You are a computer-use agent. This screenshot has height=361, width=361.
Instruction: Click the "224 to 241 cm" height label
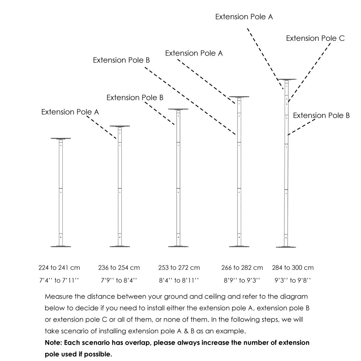coord(59,268)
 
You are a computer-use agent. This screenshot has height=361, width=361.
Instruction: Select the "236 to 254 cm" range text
coord(119,268)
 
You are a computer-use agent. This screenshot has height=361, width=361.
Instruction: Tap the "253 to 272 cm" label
coord(179,268)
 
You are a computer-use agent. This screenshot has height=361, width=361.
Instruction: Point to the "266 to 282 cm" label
coord(242,268)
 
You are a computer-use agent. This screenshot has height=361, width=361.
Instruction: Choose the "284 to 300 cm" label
coord(293,268)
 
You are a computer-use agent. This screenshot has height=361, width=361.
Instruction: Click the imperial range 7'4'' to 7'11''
coord(59,280)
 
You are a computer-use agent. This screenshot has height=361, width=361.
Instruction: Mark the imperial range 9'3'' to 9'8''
coord(293,280)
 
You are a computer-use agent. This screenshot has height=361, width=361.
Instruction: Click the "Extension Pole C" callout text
coord(315,38)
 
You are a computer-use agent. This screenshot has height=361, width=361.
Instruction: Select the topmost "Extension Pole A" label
coord(244,17)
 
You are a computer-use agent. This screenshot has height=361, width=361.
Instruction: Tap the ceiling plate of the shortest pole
coord(61,139)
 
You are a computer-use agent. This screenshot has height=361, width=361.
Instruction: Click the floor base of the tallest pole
coord(286,247)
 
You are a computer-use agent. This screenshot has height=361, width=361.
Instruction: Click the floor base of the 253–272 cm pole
coord(178,247)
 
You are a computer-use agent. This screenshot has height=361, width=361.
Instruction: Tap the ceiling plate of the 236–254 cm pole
coord(120,126)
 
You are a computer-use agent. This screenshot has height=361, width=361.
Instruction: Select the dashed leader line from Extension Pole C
coord(309,72)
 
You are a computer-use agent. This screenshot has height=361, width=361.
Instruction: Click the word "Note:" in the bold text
coord(53,343)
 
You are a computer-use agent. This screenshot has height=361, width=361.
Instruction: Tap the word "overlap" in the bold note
coord(136,343)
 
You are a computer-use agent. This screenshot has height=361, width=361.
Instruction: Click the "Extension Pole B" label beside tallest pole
coord(321,116)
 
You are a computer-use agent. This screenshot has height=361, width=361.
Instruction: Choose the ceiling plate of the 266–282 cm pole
coord(239,97)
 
